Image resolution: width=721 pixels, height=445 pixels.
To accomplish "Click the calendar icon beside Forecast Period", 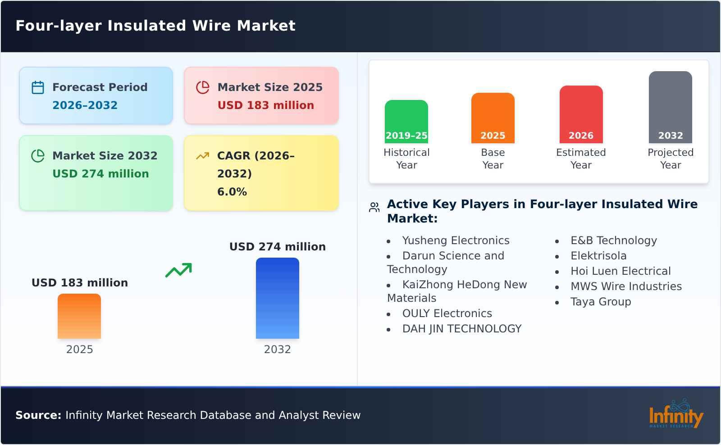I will [x=38, y=87].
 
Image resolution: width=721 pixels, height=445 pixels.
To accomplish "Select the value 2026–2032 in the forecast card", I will [x=85, y=105].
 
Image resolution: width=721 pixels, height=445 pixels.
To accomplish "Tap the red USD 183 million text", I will [x=265, y=105].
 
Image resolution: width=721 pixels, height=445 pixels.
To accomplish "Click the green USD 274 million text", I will [x=100, y=174].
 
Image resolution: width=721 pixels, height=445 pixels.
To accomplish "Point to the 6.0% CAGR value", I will [x=232, y=192].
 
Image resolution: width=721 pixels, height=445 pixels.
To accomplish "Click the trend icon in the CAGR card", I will [x=203, y=156].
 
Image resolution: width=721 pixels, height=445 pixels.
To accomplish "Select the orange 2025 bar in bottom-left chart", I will [x=79, y=316].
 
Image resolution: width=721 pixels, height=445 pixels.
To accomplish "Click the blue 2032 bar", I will [x=277, y=298].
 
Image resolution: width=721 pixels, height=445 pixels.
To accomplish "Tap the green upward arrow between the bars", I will [x=178, y=270].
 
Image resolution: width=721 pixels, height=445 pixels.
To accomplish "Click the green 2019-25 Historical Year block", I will [x=406, y=122].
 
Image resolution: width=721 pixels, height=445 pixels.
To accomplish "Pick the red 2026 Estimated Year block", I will [x=581, y=114].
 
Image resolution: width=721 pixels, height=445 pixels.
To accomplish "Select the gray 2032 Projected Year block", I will [x=670, y=107].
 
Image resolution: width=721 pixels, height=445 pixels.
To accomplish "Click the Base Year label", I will [x=493, y=159].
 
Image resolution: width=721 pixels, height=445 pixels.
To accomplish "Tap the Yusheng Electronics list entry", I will [x=456, y=241].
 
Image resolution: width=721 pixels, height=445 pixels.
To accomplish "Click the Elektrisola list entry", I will [x=598, y=256].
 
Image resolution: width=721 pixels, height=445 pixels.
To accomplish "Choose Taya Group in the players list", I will [x=600, y=302].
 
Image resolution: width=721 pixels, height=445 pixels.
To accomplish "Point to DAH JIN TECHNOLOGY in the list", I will [x=461, y=329].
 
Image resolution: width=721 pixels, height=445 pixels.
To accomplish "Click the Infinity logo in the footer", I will [x=675, y=414].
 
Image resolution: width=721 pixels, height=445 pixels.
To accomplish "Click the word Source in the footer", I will [x=38, y=415].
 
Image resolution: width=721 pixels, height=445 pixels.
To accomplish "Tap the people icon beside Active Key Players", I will [x=374, y=207].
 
